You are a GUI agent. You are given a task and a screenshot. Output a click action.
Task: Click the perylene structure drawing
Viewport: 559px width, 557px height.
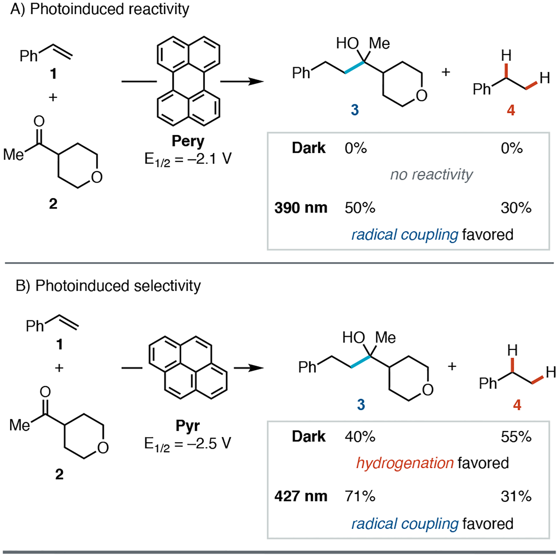188,81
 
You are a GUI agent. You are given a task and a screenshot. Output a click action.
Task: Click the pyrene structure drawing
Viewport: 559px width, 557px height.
188,368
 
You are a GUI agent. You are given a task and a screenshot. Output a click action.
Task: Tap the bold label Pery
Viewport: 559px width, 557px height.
188,141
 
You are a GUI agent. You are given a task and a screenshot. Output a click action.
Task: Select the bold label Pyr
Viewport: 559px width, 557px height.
188,426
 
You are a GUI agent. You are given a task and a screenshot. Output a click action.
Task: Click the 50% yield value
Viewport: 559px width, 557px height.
360,208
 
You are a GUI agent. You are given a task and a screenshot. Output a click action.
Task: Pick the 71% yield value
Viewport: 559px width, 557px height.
360,496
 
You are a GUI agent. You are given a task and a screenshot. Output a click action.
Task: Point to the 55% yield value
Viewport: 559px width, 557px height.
516,437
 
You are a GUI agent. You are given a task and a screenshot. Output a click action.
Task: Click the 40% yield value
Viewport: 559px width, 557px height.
360,437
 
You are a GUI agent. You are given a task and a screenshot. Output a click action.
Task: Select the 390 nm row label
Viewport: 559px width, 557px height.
301,208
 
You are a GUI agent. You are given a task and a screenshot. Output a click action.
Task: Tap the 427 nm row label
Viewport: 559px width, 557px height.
301,496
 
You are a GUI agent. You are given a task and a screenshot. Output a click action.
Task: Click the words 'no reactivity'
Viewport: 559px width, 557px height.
431,175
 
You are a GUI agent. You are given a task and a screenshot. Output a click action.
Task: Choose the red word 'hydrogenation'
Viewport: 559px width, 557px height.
405,463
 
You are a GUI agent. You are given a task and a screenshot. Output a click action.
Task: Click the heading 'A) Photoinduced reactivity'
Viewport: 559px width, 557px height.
100,9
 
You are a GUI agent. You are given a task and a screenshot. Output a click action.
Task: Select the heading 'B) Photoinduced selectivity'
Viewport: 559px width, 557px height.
108,285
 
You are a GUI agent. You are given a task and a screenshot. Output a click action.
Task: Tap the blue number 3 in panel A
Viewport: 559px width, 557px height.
355,110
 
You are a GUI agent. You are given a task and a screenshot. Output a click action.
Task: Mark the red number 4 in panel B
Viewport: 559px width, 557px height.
517,405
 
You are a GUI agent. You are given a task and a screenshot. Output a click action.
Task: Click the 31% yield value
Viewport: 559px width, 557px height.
516,496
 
